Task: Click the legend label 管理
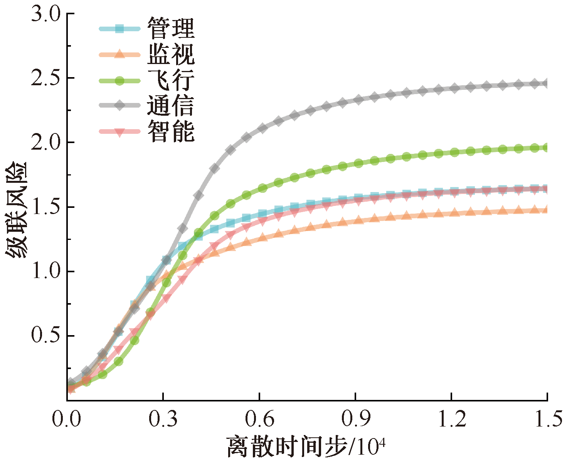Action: click(x=171, y=29)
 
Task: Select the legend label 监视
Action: click(x=171, y=54)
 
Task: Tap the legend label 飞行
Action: click(x=171, y=80)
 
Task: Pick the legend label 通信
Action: click(x=171, y=105)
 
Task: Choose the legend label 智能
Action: click(x=171, y=131)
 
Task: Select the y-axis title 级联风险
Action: click(x=16, y=210)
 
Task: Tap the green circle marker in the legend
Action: click(x=119, y=80)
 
